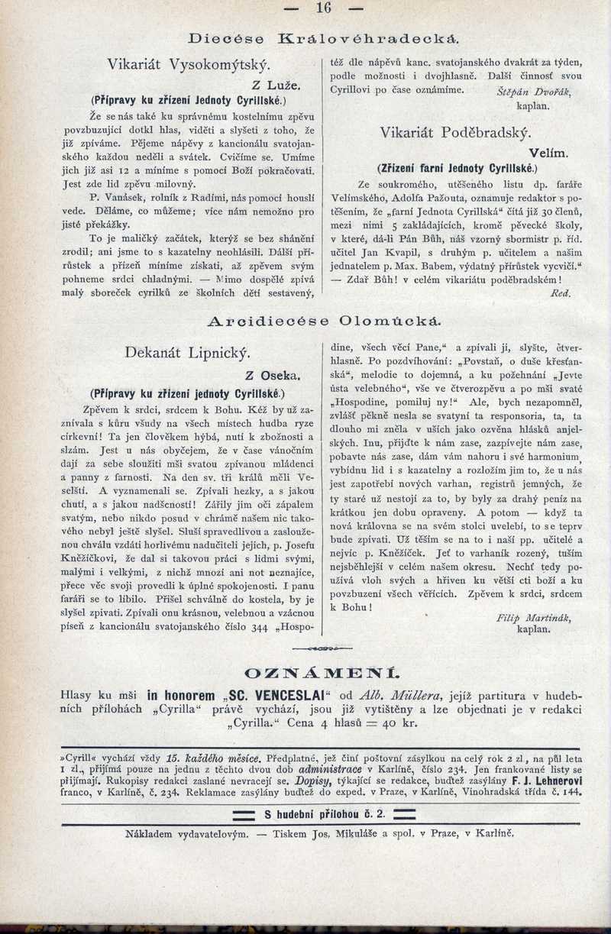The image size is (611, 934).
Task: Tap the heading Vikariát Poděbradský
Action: pyautogui.click(x=456, y=132)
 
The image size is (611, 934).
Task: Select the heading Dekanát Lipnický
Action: pyautogui.click(x=187, y=352)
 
